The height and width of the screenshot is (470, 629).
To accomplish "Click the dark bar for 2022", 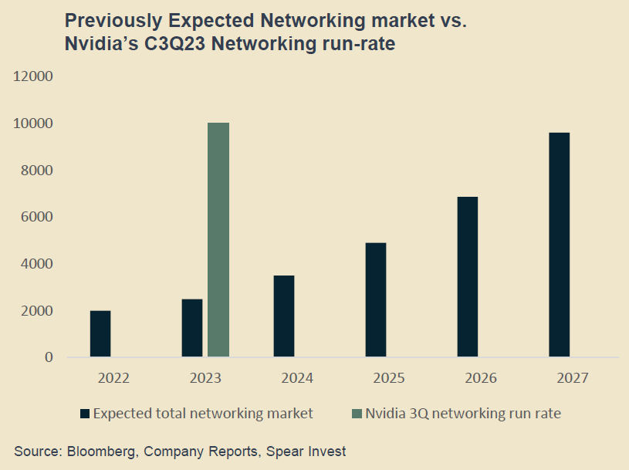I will [x=100, y=334].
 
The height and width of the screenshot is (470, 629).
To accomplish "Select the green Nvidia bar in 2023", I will [x=218, y=240].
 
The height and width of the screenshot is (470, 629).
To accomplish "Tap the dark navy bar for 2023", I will [x=192, y=328].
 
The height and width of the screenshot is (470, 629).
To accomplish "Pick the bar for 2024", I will [x=283, y=316].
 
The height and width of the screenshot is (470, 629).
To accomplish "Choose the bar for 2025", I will [x=376, y=300].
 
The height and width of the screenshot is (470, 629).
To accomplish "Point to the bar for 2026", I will [x=468, y=277].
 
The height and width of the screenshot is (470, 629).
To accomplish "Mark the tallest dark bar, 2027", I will [x=559, y=245].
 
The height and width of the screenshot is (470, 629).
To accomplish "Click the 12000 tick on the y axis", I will [x=33, y=76].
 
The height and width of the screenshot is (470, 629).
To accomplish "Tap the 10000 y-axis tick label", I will [x=33, y=123].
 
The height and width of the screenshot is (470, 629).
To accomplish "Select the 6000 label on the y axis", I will [x=36, y=217].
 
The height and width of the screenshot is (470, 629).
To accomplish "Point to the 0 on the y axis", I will [x=49, y=357].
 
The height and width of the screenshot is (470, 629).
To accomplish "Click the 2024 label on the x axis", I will [x=297, y=378].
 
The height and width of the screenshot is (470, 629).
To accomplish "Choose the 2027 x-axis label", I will [x=573, y=378].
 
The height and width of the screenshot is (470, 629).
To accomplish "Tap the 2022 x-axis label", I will [x=114, y=378].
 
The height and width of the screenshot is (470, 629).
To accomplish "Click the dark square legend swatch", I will [x=84, y=414].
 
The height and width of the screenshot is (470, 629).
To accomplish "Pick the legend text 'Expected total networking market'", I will [x=203, y=414].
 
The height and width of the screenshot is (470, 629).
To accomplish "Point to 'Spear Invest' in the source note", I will [x=306, y=451].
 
